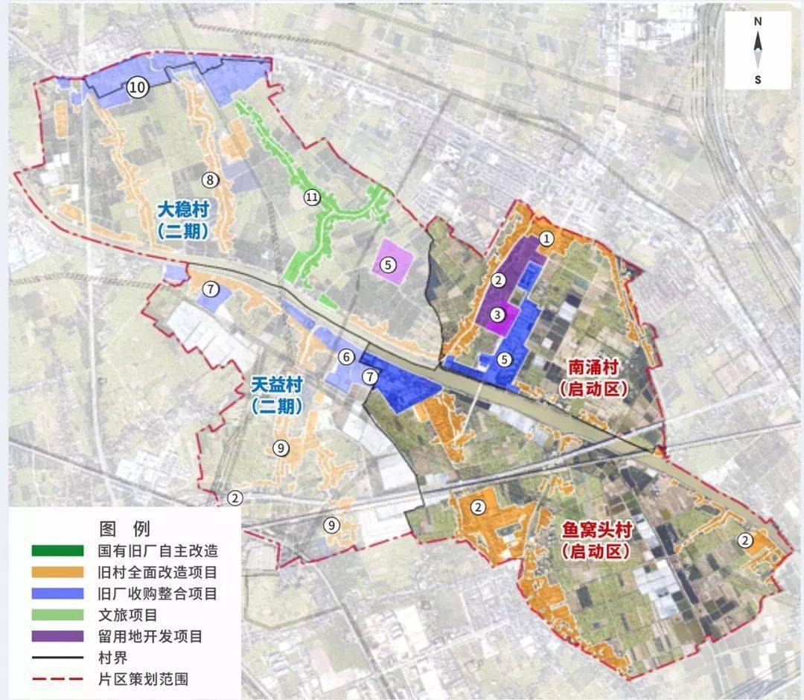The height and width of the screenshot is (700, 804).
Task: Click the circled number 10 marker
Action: coord(137,88)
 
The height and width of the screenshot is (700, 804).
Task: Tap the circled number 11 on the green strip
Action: coord(311,197)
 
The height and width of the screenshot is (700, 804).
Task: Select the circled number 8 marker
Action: coord(211,179)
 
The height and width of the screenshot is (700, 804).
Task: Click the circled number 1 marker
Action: coord(547,239)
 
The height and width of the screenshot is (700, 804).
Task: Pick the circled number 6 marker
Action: coord(346,357)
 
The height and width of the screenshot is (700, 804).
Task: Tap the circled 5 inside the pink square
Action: coord(387,264)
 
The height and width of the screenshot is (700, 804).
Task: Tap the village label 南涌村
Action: coord(593,368)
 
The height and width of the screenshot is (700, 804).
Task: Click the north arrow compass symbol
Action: coord(758,51)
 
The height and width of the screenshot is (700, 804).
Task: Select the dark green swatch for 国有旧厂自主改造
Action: coord(58,551)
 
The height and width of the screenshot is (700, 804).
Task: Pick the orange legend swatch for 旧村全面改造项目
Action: coord(58,573)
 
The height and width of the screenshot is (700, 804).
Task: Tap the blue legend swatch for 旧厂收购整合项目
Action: coord(58,594)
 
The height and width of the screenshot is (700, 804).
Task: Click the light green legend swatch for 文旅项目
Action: coord(58,615)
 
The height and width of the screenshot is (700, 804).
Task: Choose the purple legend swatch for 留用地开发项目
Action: coord(58,637)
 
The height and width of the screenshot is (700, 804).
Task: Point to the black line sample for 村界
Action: coord(58,658)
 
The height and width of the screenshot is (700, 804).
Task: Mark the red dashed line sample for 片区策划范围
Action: coord(58,679)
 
